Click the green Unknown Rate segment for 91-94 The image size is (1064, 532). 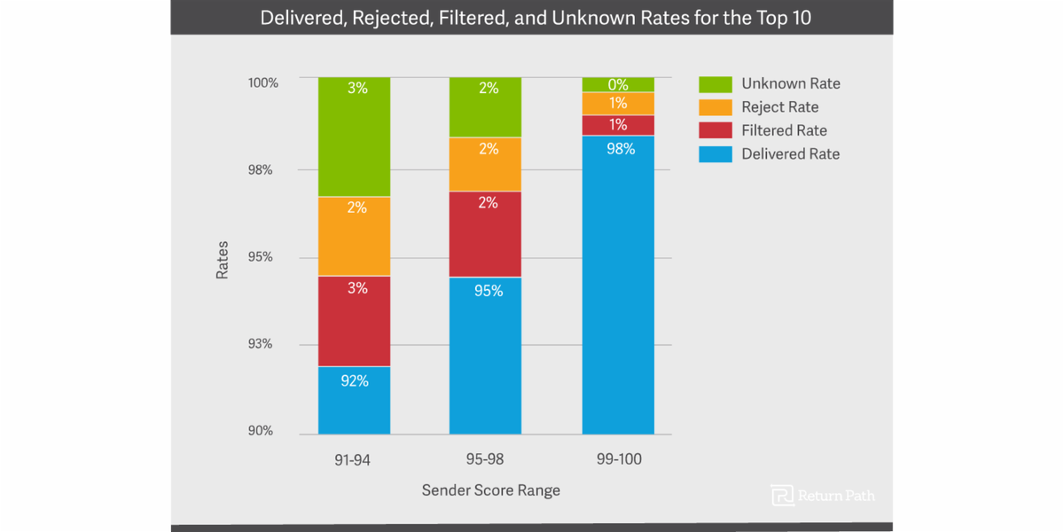[x=354, y=137]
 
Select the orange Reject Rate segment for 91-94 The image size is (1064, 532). [x=354, y=237]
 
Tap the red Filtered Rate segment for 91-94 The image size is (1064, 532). [x=354, y=321]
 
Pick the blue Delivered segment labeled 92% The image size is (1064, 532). [x=354, y=401]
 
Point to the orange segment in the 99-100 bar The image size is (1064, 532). [x=618, y=104]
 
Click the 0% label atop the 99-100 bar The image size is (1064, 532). [x=618, y=85]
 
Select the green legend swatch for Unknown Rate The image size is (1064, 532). [x=715, y=84]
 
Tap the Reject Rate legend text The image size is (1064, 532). [x=779, y=107]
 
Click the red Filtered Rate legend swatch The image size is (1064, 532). [x=715, y=131]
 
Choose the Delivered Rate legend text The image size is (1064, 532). [x=790, y=154]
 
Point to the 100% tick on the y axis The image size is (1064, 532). [x=262, y=82]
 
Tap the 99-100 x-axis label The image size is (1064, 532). [x=618, y=459]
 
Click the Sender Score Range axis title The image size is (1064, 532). [x=490, y=490]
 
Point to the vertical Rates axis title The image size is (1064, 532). [x=223, y=260]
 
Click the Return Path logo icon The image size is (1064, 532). [x=782, y=496]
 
